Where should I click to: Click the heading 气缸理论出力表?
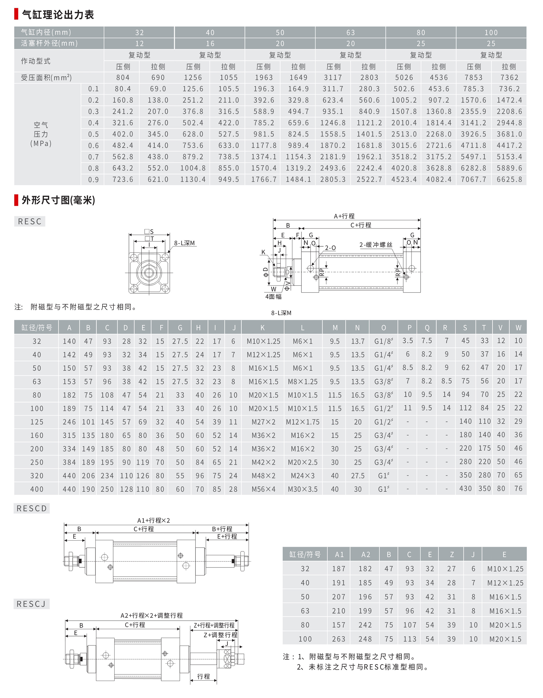pyautogui.click(x=58, y=15)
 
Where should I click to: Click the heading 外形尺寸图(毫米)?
pyautogui.click(x=58, y=200)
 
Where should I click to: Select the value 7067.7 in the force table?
pyautogui.click(x=473, y=179)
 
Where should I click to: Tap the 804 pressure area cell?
pyautogui.click(x=123, y=77)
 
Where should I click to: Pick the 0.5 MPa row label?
pyautogui.click(x=93, y=134)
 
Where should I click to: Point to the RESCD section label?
pyautogui.click(x=31, y=508)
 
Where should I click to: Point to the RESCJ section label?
pyautogui.click(x=31, y=604)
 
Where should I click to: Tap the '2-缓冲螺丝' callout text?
pyautogui.click(x=376, y=245)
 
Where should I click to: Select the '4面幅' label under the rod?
pyautogui.click(x=273, y=297)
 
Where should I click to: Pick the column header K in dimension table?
pyautogui.click(x=262, y=328)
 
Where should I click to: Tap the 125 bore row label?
pyautogui.click(x=37, y=422)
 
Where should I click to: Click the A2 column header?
pyautogui.click(x=365, y=555)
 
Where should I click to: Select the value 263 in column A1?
pyautogui.click(x=339, y=639)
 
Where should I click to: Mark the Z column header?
pyautogui.click(x=452, y=555)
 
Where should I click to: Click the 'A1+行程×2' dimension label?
pyautogui.click(x=153, y=520)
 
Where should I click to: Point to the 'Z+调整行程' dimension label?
pyautogui.click(x=220, y=635)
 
